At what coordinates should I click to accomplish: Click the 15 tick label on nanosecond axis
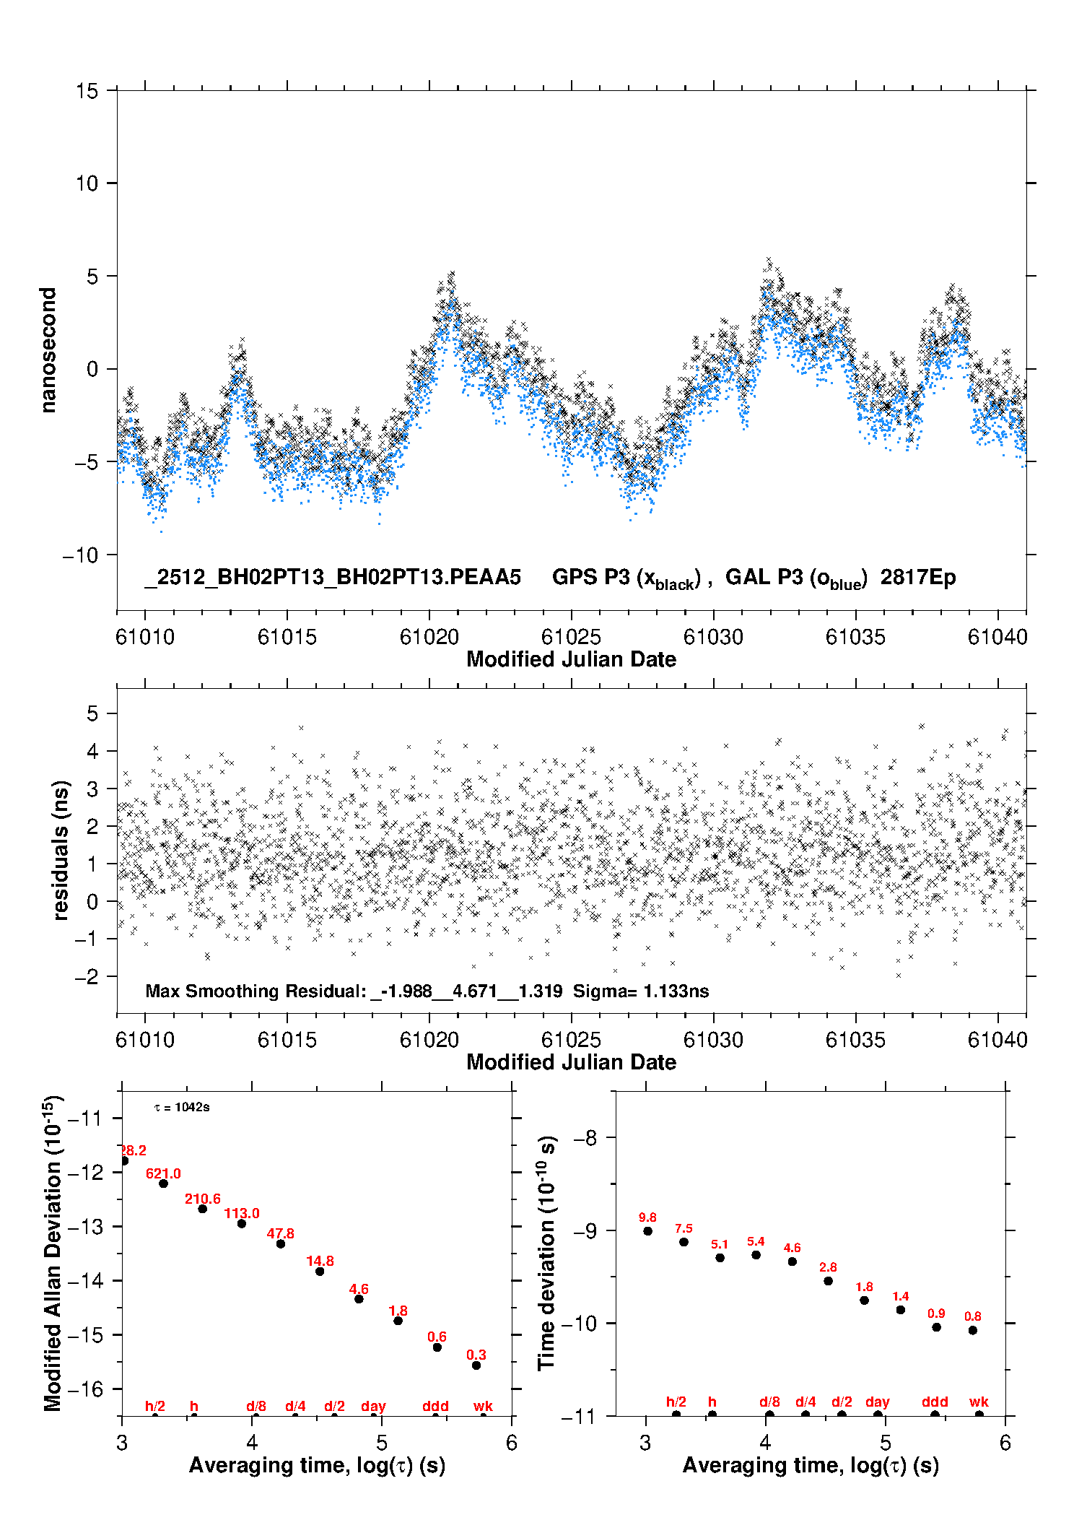tap(87, 91)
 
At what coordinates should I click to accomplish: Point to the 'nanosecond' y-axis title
tap(48, 350)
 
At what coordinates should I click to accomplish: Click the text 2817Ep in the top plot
tap(917, 578)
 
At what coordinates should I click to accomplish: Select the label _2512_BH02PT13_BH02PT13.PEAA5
tap(333, 578)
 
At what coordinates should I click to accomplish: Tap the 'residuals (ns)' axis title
tap(61, 850)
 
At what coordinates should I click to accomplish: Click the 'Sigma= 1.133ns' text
tap(641, 991)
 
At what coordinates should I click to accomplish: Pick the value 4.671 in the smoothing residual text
tap(474, 991)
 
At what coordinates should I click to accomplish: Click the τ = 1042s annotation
tap(182, 1108)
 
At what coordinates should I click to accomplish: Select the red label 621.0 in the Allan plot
tap(163, 1173)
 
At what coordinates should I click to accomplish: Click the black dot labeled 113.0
tap(242, 1223)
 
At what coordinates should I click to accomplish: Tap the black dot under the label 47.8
tap(281, 1243)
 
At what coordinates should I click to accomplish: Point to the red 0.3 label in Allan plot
tap(476, 1355)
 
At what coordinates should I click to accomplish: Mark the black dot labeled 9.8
tap(647, 1231)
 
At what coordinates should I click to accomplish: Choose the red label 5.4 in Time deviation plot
tap(756, 1241)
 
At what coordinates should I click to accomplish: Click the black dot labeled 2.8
tap(828, 1281)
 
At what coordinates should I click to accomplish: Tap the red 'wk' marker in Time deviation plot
tap(979, 1402)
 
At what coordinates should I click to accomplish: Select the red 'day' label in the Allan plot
tap(373, 1406)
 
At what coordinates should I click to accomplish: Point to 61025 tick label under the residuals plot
tap(571, 1040)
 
